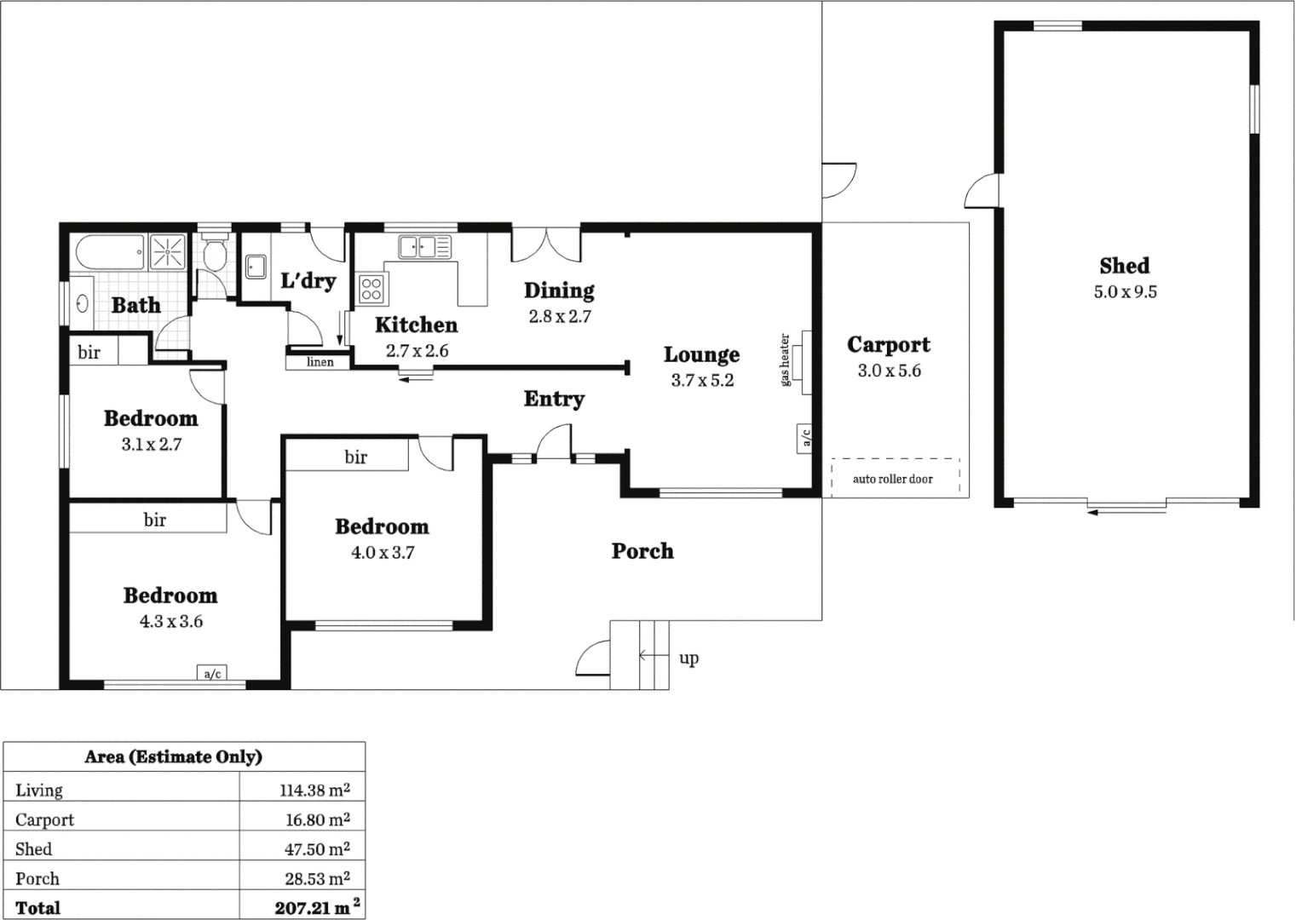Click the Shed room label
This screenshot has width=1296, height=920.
(x=1124, y=266)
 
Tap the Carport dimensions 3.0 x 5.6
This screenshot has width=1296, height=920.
(x=889, y=371)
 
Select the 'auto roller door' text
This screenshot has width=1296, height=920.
(x=892, y=479)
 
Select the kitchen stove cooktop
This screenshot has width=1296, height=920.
(x=372, y=288)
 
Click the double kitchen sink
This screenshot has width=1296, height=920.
(x=424, y=247)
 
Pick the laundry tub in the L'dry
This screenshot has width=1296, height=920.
(x=255, y=267)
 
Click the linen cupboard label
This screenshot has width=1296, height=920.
(x=320, y=362)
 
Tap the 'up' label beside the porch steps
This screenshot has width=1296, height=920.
(x=688, y=658)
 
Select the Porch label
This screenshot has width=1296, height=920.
(x=642, y=551)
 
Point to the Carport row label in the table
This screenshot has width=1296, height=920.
(x=44, y=819)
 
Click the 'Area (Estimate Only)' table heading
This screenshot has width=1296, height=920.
(x=173, y=756)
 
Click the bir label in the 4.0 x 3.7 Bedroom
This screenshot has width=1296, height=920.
(x=355, y=457)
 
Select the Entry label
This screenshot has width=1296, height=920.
(x=554, y=399)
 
